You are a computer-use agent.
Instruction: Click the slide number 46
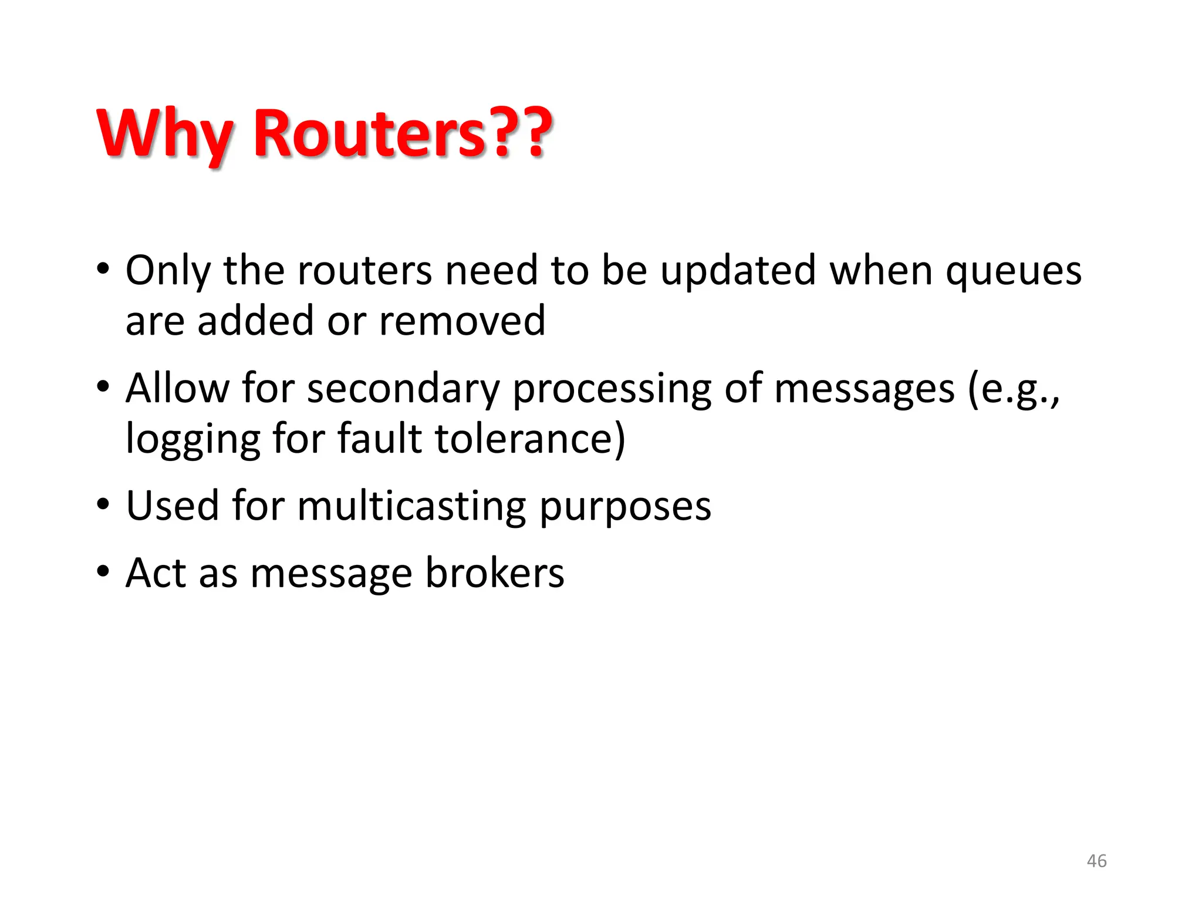(1096, 861)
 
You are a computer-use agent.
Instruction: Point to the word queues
(1014, 271)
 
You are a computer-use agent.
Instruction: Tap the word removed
(462, 321)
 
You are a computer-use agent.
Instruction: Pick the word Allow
(177, 389)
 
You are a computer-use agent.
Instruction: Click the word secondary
(403, 389)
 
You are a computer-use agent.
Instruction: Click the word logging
(193, 440)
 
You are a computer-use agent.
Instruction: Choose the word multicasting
(411, 506)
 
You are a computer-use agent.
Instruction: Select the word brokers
(494, 573)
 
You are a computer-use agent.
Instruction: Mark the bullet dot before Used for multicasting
(103, 504)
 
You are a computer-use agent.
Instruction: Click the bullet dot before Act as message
(103, 571)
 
